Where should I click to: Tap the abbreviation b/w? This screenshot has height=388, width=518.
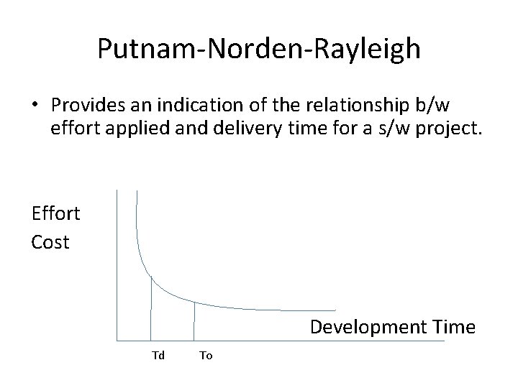pos(431,105)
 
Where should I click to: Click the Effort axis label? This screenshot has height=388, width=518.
pos(55,213)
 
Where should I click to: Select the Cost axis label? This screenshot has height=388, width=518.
pos(50,242)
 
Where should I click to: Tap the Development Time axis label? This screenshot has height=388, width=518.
pos(392,328)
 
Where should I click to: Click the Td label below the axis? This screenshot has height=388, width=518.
pos(158,356)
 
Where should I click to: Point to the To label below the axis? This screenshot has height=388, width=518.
pos(206,356)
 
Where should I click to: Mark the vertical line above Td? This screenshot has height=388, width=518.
pos(151,309)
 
